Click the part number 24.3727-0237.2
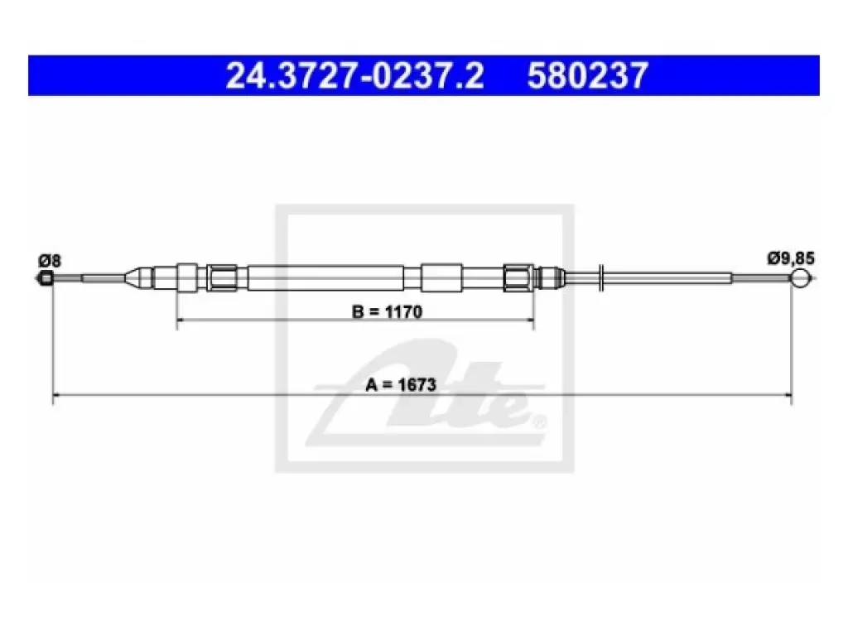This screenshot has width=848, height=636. (354, 75)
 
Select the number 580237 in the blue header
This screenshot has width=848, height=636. (587, 75)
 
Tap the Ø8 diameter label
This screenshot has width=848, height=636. (49, 261)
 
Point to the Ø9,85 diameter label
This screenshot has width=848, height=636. (790, 258)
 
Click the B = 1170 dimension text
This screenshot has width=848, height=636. (387, 311)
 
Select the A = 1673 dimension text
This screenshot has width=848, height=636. (401, 384)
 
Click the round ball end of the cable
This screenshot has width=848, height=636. (801, 278)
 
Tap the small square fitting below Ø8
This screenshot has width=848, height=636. (47, 279)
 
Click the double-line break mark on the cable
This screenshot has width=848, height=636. (601, 278)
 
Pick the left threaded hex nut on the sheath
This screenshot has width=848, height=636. (222, 278)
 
